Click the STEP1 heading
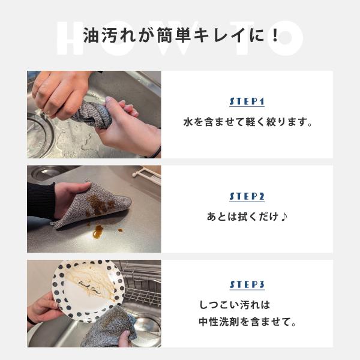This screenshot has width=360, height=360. click(x=247, y=102)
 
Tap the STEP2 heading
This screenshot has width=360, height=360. click(x=247, y=197)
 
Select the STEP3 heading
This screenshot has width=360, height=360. click(x=247, y=284)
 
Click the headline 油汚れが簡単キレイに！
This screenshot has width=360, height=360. click(x=181, y=35)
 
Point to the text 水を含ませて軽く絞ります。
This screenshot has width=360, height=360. click(x=248, y=122)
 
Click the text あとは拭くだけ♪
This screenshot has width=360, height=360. click(x=247, y=217)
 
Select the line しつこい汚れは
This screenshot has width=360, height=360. click(x=235, y=305)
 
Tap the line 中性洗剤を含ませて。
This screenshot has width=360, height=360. click(x=247, y=322)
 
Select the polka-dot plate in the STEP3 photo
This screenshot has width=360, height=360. click(x=88, y=290)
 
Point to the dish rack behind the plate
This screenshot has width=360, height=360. click(x=142, y=283)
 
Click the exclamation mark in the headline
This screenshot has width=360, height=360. click(x=275, y=35)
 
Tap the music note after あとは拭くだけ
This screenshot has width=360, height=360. click(x=284, y=217)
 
